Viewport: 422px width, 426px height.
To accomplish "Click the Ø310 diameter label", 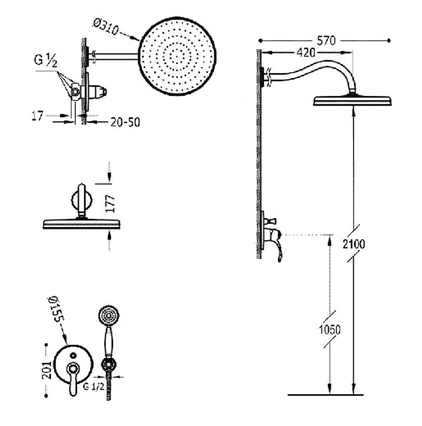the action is (106, 27).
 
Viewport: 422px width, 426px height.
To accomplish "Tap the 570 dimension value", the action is (326, 41).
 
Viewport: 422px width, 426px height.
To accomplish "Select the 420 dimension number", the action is (306, 53).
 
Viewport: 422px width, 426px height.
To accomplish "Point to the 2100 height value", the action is (354, 244).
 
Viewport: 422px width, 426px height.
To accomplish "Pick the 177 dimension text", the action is (111, 204).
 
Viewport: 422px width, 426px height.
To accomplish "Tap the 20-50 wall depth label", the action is (125, 122).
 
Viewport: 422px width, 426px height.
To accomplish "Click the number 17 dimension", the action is (37, 116).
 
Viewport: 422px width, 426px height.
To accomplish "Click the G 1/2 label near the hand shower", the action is (94, 387).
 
